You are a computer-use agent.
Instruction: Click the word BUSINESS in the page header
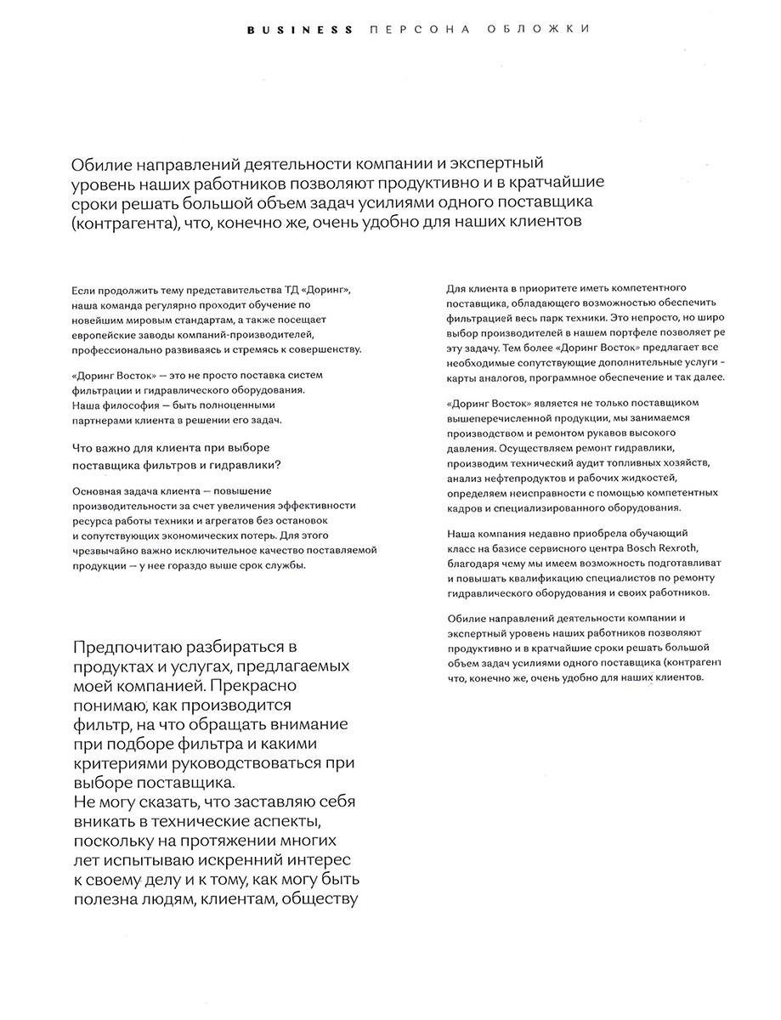(300, 30)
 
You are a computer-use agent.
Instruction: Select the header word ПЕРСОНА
(413, 30)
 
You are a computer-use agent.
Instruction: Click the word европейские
(104, 335)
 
